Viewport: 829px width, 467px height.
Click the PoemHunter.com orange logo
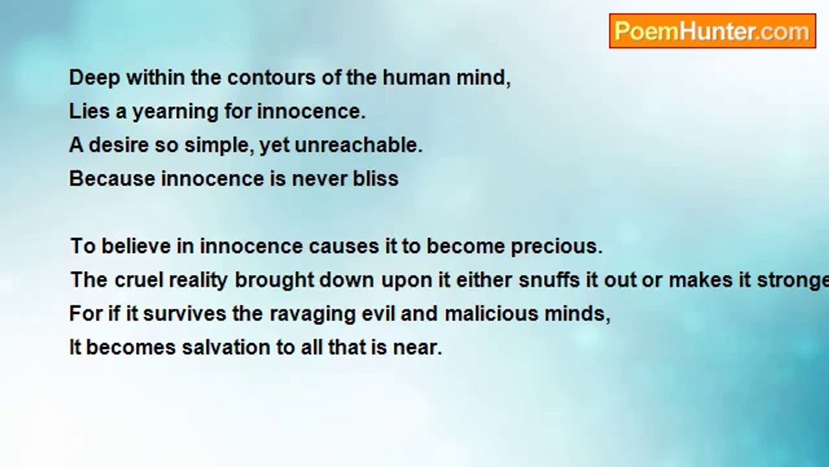click(x=712, y=31)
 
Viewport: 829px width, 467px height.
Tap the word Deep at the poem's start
click(x=95, y=78)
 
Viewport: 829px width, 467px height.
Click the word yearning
click(x=176, y=112)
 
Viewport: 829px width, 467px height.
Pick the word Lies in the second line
click(x=89, y=111)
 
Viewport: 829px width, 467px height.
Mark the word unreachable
click(x=358, y=145)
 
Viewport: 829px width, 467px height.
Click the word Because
click(x=112, y=178)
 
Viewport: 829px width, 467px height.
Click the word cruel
click(x=139, y=280)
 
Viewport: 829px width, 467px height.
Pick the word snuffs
click(x=549, y=280)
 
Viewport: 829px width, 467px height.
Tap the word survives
click(x=185, y=314)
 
